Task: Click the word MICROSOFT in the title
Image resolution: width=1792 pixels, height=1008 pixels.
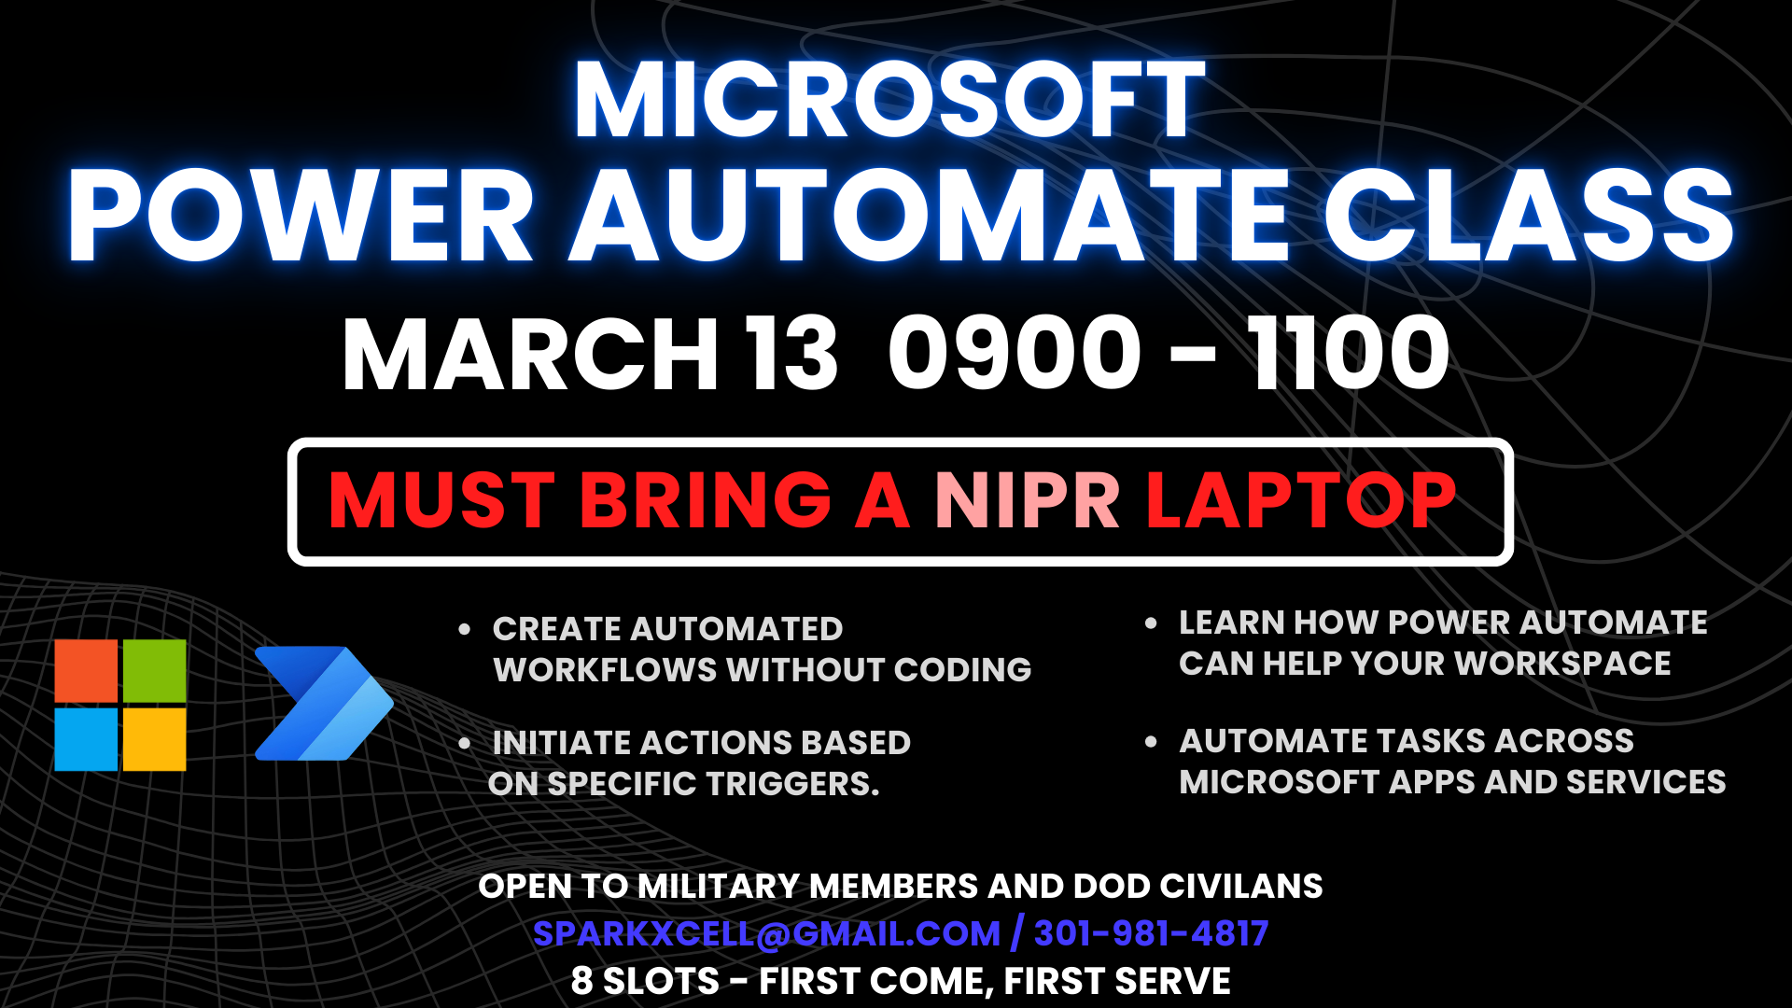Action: (889, 100)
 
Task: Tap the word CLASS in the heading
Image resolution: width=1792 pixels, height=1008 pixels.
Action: (1529, 216)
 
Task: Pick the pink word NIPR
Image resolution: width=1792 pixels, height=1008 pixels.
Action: (1027, 500)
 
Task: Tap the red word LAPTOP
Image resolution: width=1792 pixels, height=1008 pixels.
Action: (1300, 500)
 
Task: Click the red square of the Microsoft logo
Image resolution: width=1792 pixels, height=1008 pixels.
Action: (86, 671)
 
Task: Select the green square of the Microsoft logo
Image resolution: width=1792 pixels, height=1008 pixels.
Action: (154, 671)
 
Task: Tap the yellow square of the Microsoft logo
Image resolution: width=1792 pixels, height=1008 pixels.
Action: (154, 739)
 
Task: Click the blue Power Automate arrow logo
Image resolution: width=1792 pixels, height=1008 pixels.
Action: (323, 703)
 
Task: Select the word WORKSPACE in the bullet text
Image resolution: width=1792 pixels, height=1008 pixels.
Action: (1562, 664)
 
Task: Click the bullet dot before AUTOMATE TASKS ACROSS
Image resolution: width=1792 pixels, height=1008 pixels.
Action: (1151, 742)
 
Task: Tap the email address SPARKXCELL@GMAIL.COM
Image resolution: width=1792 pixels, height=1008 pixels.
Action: (766, 933)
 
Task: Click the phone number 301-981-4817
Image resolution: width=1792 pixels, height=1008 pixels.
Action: (1151, 933)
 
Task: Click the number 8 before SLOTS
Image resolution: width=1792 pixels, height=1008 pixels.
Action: (581, 981)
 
